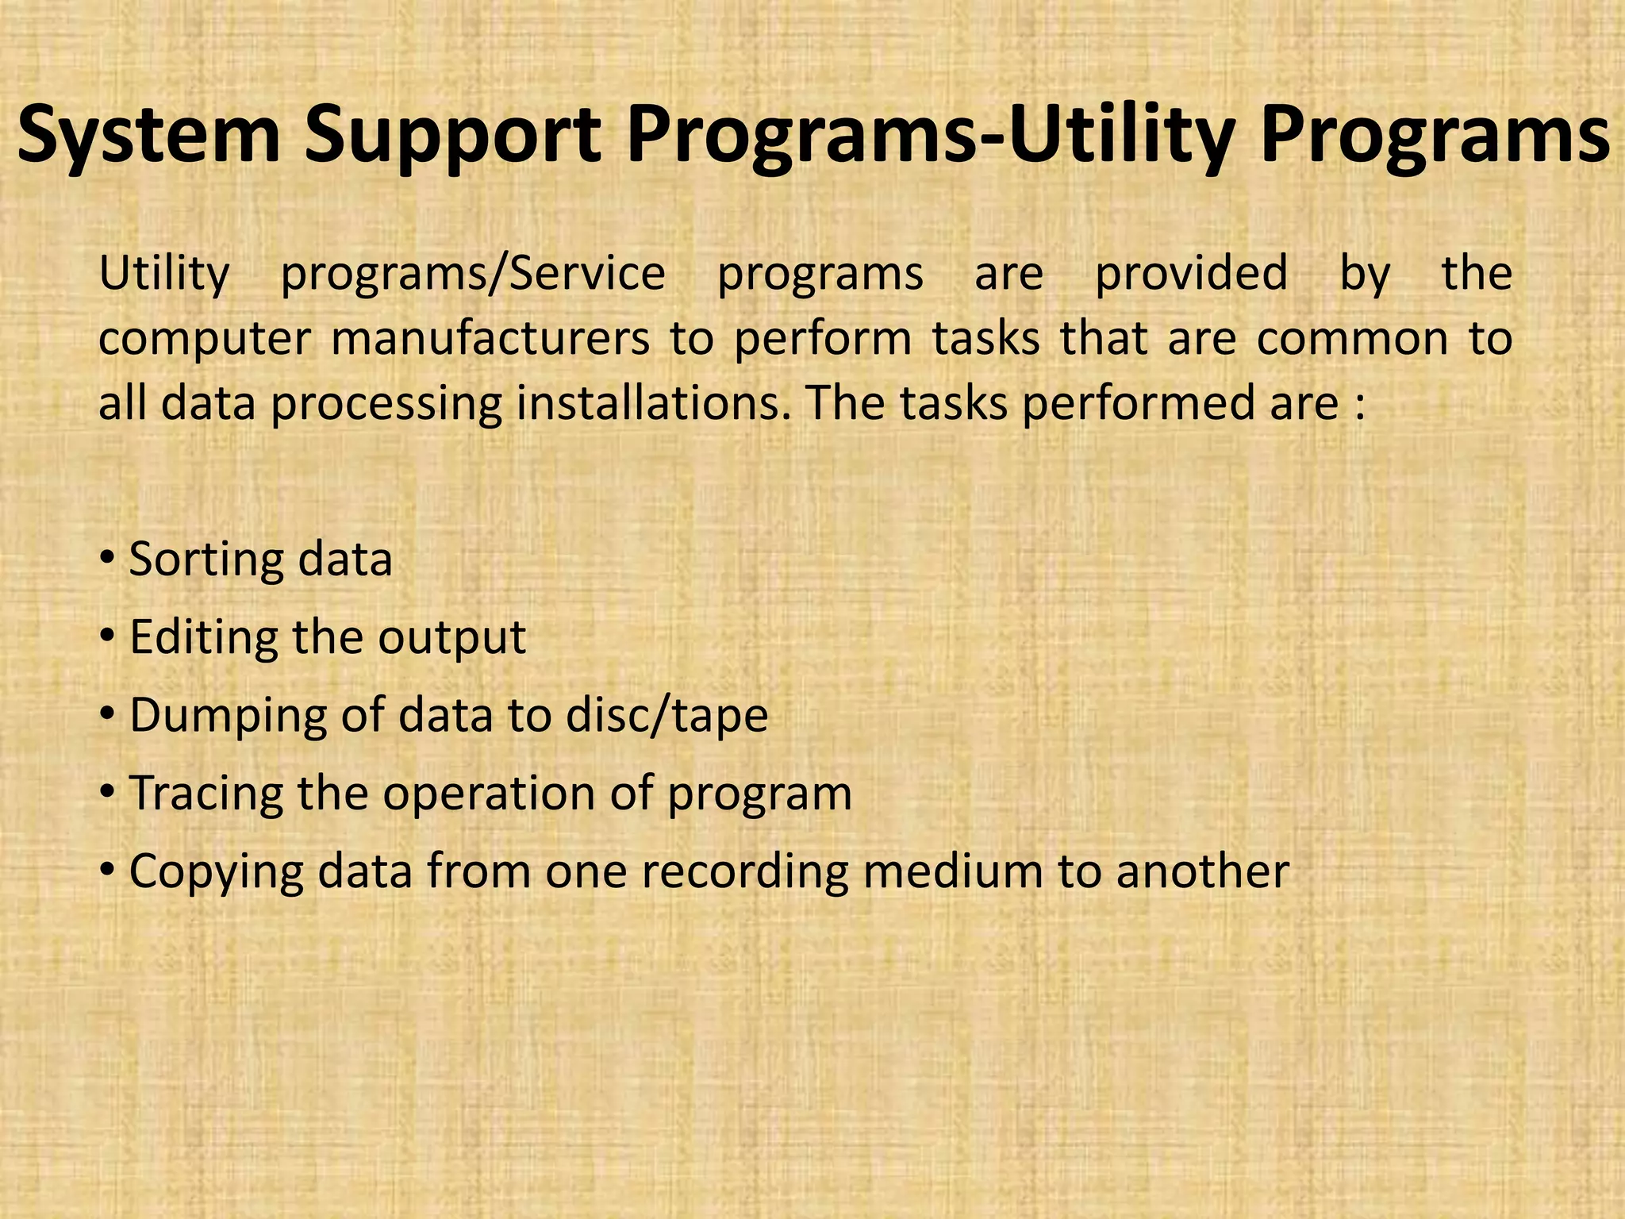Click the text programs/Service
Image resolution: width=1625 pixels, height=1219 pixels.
[473, 275]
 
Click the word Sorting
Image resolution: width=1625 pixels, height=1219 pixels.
[202, 560]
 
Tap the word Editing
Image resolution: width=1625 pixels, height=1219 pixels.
[202, 637]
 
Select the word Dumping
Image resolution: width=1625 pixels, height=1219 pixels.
[227, 715]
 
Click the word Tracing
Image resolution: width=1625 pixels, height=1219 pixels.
[205, 793]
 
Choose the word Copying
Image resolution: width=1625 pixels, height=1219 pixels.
[216, 871]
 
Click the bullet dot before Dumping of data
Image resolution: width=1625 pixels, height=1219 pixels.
[107, 714]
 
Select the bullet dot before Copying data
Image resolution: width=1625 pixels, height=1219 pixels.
[107, 870]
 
